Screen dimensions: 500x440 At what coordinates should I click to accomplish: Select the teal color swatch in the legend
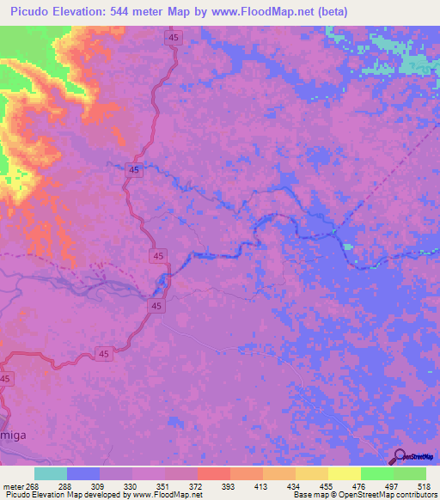(51, 473)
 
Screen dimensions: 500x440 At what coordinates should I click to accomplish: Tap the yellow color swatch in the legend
(344, 473)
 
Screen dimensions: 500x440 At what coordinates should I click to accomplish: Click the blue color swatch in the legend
(83, 473)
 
